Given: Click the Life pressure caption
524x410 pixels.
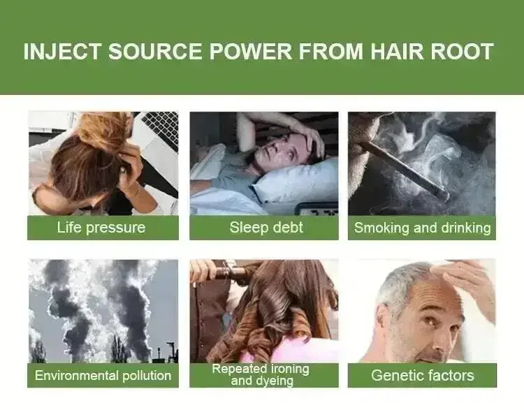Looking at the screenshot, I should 101,228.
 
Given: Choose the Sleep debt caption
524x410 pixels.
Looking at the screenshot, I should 263,228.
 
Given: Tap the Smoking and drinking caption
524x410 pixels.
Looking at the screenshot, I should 422,228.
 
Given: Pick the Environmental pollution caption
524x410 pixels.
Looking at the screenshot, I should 103,375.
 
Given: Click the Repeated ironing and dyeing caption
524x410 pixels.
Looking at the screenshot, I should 261,374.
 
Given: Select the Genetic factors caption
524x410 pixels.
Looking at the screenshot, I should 422,375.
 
